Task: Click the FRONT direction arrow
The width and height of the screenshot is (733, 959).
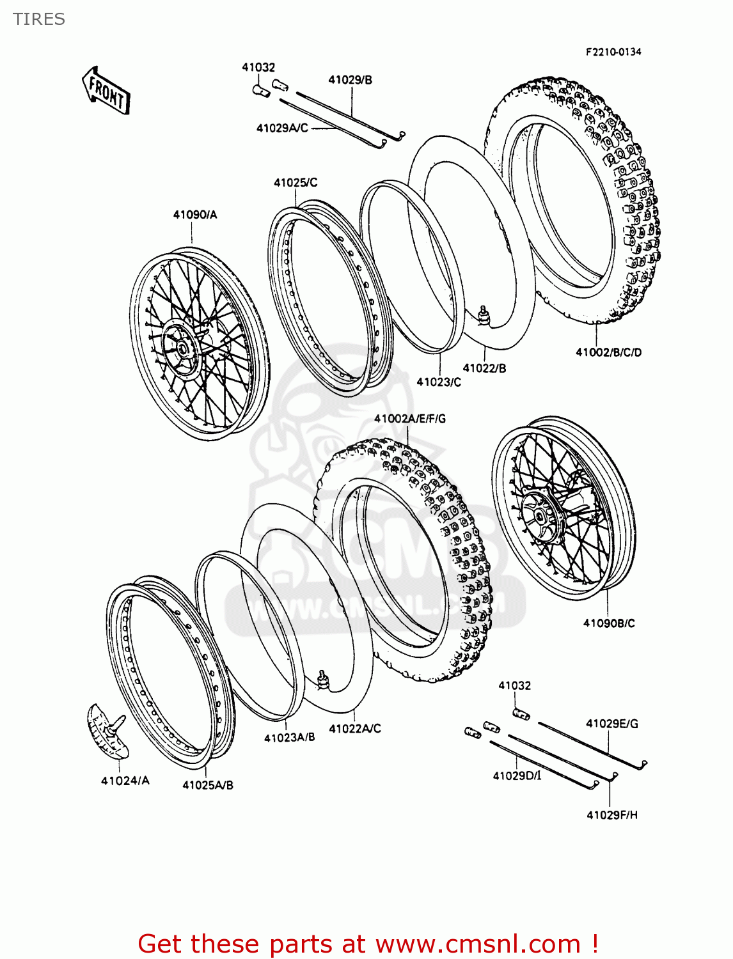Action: pos(106,91)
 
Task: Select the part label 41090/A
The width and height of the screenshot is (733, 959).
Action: pos(194,215)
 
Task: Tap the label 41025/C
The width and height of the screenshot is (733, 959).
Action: pos(296,183)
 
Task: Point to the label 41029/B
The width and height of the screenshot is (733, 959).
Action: pos(350,80)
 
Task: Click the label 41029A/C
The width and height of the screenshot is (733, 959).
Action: pos(282,128)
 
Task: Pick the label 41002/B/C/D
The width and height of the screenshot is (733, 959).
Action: pos(608,352)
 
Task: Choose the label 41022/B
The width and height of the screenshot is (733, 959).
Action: pos(484,368)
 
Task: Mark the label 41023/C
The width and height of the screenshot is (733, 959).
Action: pos(439,382)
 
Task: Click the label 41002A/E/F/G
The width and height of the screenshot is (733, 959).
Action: pos(410,419)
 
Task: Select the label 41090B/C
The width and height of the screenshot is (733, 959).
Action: pos(609,623)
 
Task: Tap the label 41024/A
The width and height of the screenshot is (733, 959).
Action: pos(125,780)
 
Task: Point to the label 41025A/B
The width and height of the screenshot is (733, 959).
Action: pos(208,785)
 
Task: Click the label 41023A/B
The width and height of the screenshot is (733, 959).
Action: pos(290,737)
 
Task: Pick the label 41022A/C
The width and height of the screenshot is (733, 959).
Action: pos(355,728)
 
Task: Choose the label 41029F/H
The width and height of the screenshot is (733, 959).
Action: pos(612,815)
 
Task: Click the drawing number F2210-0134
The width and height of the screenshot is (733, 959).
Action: pos(613,52)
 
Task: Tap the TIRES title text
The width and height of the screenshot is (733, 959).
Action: pos(39,19)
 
